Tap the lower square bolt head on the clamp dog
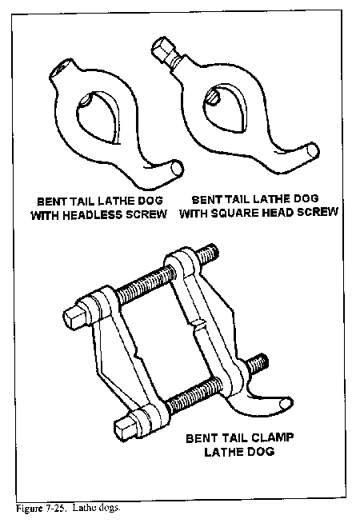coord(126,426)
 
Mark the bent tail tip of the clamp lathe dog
coord(286,403)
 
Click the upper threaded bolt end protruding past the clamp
coord(207,254)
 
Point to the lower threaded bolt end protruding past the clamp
coord(258,363)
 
